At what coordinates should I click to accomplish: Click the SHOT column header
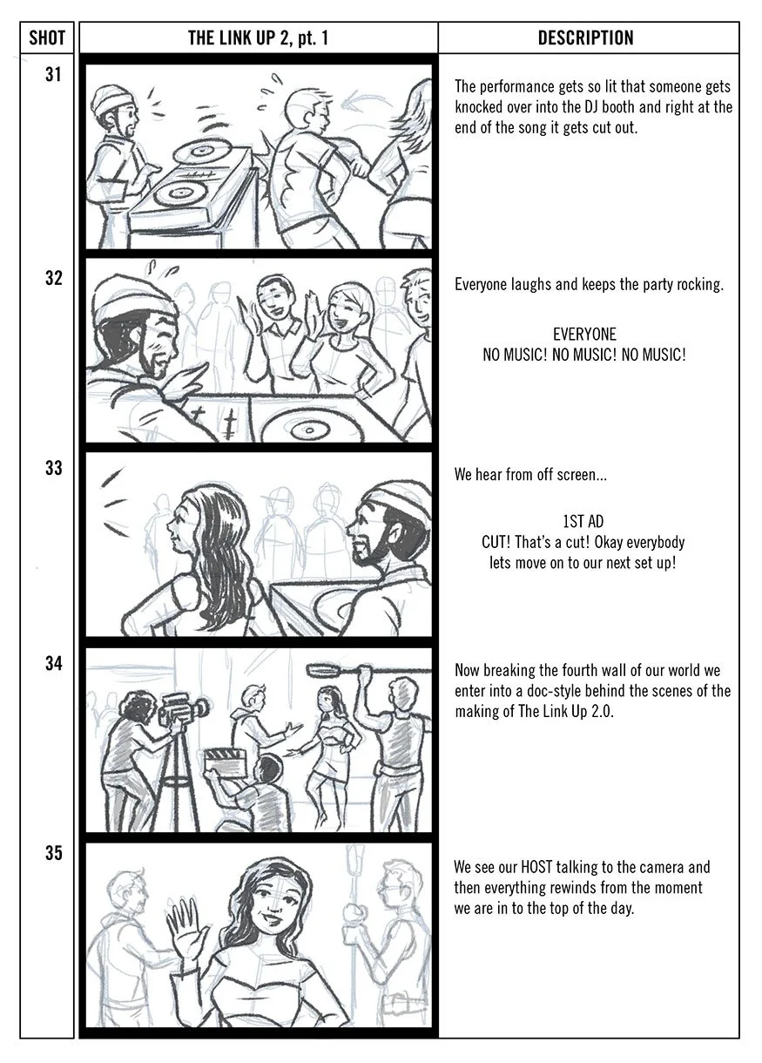tap(46, 38)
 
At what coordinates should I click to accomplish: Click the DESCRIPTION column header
tap(585, 38)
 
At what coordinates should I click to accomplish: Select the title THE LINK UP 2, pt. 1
tap(258, 38)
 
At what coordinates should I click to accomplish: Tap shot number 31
tap(54, 75)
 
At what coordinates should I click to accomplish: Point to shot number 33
tap(54, 469)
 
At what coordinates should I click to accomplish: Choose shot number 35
tap(54, 853)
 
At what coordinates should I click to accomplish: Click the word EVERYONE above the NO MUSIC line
tap(584, 334)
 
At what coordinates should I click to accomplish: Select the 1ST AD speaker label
tap(583, 522)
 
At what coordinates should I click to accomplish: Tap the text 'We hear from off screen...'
tap(530, 474)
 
